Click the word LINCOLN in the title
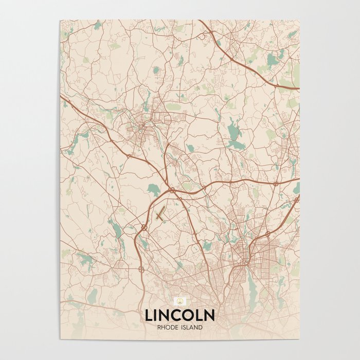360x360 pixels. [x=179, y=314]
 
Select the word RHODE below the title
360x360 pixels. [x=169, y=327]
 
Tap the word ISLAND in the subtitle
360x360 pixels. [x=191, y=327]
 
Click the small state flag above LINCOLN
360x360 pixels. [x=180, y=301]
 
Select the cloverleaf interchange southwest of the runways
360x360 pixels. [x=143, y=227]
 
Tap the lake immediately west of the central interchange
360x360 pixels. [x=153, y=189]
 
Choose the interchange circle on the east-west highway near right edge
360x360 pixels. [x=276, y=183]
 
